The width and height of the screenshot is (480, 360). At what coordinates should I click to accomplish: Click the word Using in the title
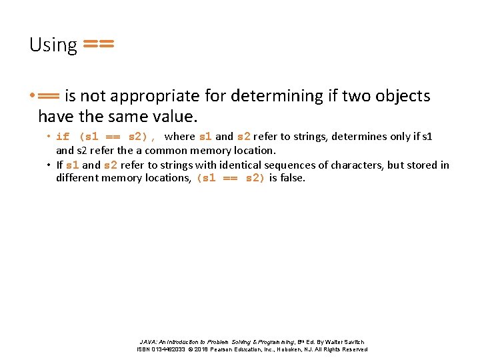53,45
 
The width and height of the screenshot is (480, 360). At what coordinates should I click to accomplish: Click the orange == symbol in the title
97,45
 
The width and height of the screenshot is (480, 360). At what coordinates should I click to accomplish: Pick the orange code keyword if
63,137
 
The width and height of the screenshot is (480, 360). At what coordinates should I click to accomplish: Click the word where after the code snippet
180,137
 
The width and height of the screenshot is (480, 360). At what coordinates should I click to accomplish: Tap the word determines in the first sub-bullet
360,137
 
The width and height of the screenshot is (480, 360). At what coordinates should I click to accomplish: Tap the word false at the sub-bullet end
293,178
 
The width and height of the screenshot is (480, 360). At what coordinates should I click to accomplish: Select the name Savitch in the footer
353,341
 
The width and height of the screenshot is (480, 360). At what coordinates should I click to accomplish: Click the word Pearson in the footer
230,349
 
